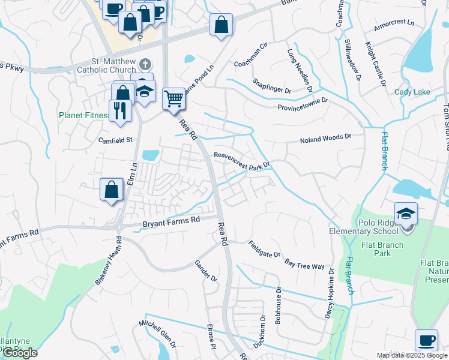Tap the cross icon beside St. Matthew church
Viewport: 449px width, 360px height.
(145, 64)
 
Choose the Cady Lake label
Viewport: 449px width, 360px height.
(412, 92)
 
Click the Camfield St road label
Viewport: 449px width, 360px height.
(116, 140)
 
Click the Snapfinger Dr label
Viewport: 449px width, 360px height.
(271, 86)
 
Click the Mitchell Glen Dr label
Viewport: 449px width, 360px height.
(157, 334)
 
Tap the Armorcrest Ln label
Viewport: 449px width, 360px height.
(394, 22)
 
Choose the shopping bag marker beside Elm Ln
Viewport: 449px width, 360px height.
(112, 190)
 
